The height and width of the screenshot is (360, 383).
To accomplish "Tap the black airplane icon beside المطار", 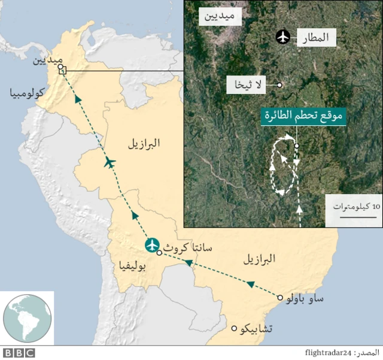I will coord(283,37).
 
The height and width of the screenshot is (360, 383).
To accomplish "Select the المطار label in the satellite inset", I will coord(320,38).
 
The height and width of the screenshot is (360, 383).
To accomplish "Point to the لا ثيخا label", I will coord(246,85).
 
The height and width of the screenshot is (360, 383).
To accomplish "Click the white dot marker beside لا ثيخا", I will coord(279,85).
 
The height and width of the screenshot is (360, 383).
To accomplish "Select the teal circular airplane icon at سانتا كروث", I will coord(153,245).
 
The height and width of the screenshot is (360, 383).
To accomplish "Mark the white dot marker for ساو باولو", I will coord(279,297).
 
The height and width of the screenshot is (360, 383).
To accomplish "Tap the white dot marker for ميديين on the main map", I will coord(60,68).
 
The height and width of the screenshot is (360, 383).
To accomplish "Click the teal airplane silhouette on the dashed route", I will coord(110,162).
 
